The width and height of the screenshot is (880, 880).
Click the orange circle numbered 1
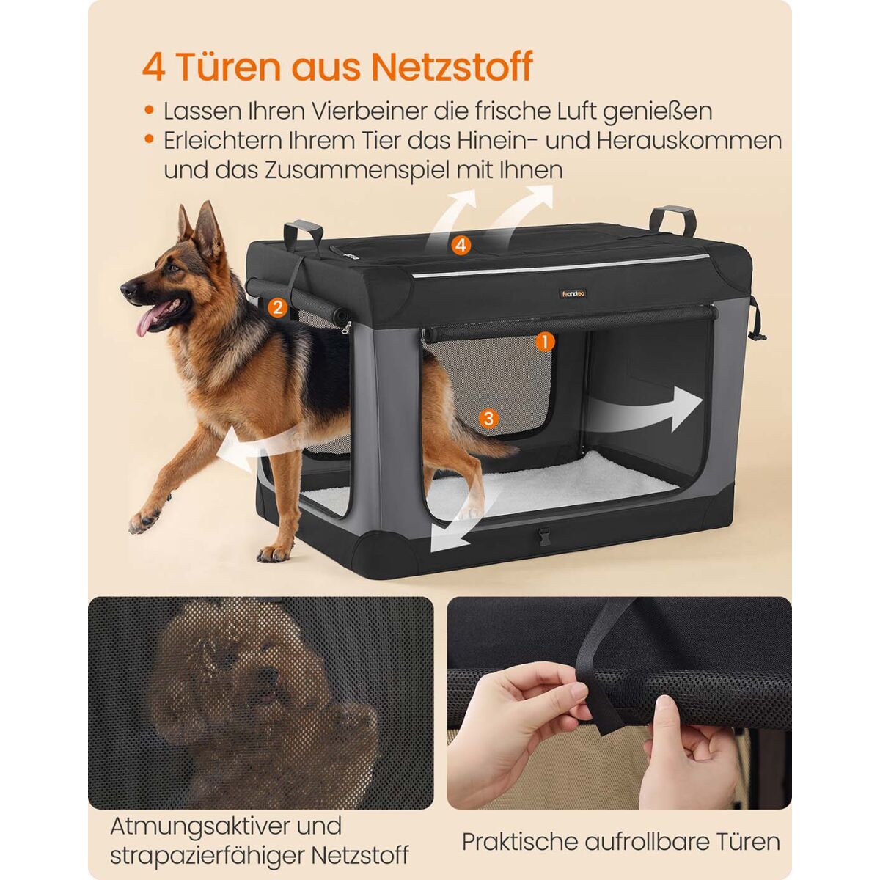pyautogui.click(x=543, y=341)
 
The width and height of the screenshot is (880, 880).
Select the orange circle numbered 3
pyautogui.click(x=488, y=417)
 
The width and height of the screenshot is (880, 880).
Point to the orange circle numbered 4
pyautogui.click(x=461, y=245)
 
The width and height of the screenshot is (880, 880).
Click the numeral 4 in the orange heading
pyautogui.click(x=153, y=67)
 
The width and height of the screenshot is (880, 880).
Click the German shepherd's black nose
pyautogui.click(x=127, y=289)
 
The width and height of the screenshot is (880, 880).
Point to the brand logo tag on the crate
pyautogui.click(x=574, y=293)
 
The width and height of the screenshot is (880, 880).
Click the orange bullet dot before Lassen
pyautogui.click(x=149, y=110)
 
